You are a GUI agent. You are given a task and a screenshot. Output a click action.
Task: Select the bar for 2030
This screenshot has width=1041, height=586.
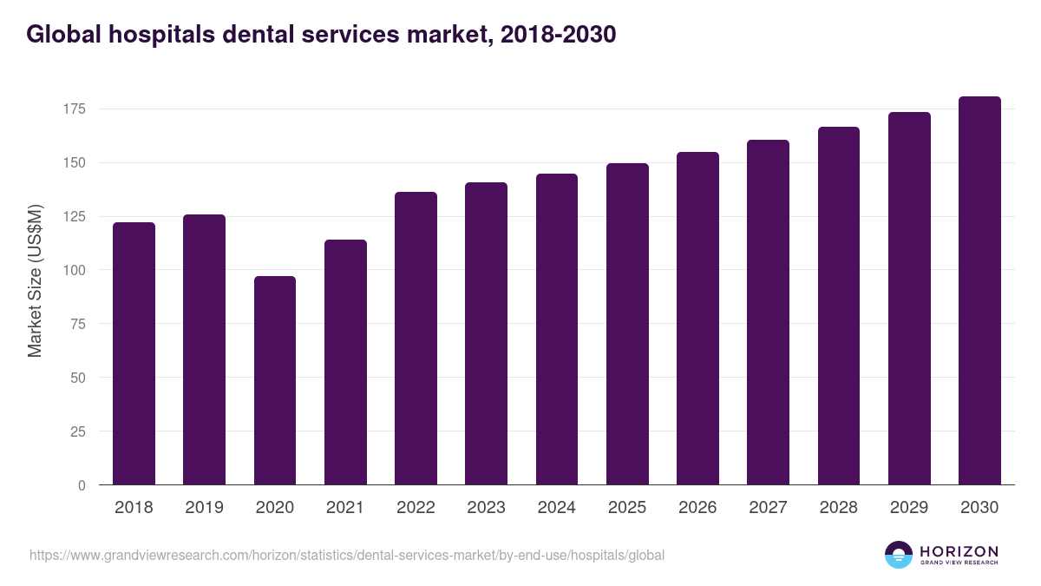(x=979, y=291)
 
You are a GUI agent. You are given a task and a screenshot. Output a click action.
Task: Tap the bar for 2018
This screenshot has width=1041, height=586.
(x=134, y=353)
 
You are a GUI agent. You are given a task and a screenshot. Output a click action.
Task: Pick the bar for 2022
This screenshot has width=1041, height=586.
(x=416, y=339)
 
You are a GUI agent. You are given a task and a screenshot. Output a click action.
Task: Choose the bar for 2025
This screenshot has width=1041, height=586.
(x=627, y=324)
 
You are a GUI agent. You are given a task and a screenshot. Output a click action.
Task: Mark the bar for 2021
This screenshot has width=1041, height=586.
(x=345, y=362)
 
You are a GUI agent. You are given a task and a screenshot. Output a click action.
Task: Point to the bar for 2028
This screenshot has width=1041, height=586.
(x=838, y=306)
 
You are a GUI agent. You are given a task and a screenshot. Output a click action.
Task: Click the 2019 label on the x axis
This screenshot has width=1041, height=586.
(x=204, y=508)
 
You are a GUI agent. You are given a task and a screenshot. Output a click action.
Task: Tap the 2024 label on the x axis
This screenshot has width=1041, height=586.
(x=556, y=508)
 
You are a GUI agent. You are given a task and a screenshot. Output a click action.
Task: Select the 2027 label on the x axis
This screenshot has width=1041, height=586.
(x=768, y=508)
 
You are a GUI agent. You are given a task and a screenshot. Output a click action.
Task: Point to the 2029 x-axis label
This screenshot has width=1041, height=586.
(x=909, y=508)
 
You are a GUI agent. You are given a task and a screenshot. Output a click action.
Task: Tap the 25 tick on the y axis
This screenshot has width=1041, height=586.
(x=78, y=431)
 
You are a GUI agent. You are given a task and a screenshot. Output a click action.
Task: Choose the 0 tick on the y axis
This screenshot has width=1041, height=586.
(x=82, y=485)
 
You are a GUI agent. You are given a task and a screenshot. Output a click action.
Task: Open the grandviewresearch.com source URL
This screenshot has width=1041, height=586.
(x=347, y=555)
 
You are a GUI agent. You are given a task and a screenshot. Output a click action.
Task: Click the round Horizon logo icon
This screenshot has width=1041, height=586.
(x=899, y=555)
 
